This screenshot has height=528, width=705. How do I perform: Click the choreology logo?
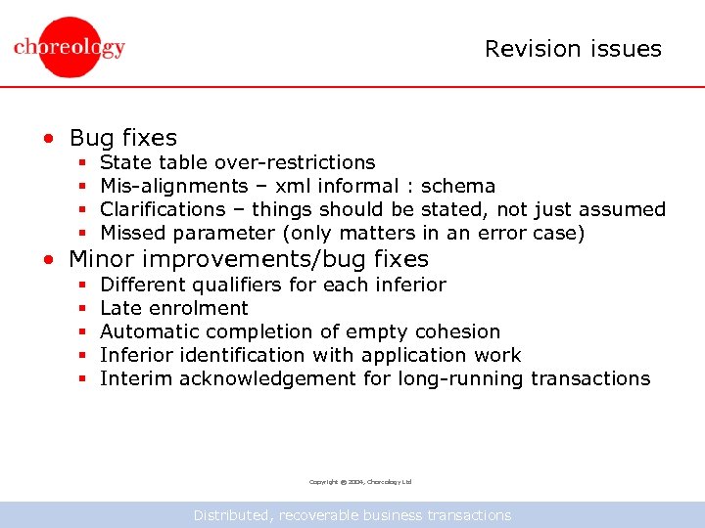click(x=70, y=47)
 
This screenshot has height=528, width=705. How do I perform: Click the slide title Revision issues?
click(x=573, y=49)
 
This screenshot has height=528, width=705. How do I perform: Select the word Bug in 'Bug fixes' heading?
click(x=91, y=138)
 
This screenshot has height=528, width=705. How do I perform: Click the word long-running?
click(x=460, y=378)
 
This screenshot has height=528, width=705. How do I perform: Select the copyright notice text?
click(x=360, y=482)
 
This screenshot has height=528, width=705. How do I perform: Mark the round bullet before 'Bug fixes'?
click(x=47, y=139)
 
